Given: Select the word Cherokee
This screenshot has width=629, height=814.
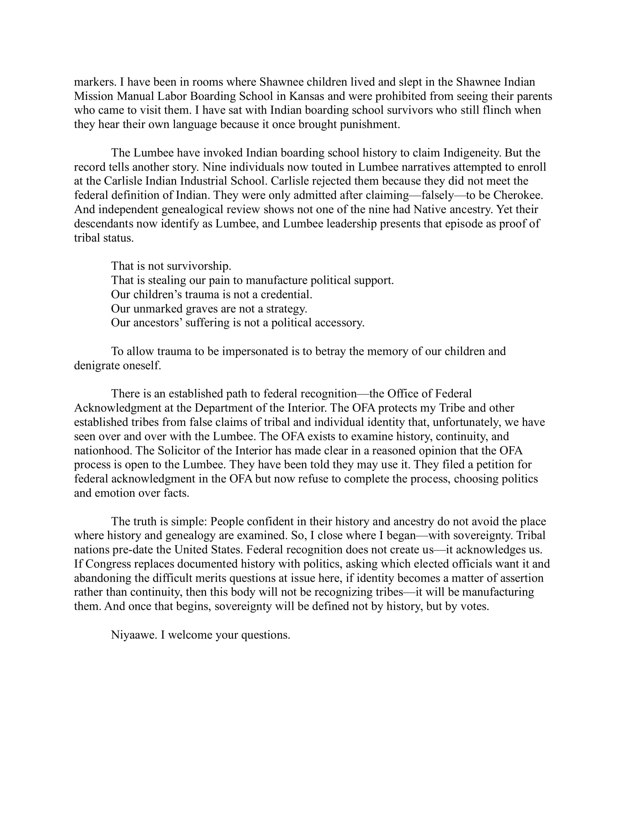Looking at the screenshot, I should point(518,195).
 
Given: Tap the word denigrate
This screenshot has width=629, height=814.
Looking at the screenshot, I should point(97,366).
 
